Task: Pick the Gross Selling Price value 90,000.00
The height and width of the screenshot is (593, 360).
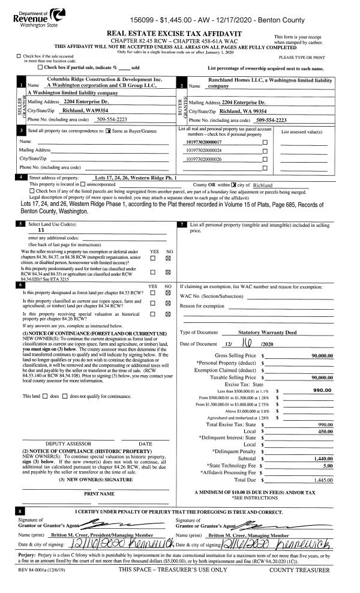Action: pyautogui.click(x=322, y=339)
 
